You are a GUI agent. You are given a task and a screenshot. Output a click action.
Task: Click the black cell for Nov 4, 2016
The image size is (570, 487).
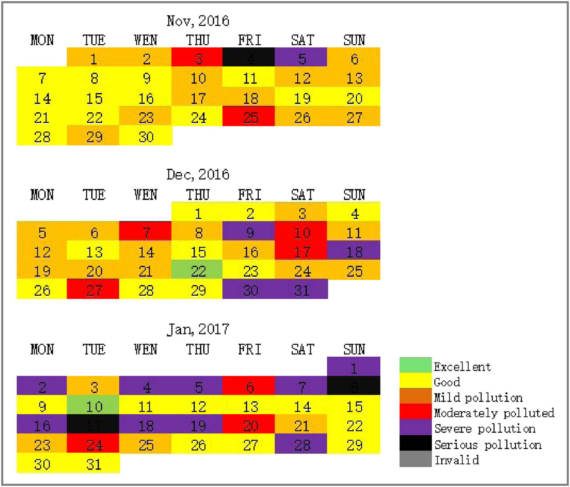(x=249, y=57)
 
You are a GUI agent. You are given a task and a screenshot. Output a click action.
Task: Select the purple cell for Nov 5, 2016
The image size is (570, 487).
(x=301, y=57)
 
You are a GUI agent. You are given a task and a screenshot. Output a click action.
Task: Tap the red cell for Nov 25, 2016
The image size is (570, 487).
(x=249, y=117)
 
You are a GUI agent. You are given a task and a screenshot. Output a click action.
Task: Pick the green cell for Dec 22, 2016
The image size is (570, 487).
(x=197, y=270)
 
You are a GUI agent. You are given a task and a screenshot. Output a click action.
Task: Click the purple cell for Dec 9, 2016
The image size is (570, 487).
(x=249, y=232)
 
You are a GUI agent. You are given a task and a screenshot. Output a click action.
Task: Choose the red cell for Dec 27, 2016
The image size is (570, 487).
(x=93, y=290)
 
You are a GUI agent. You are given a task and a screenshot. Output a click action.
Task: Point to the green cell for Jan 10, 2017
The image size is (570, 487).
(x=93, y=405)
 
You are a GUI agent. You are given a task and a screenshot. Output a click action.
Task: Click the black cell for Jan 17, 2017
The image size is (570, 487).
(x=93, y=425)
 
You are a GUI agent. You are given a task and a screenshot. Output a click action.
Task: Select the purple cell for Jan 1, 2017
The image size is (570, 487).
(x=353, y=367)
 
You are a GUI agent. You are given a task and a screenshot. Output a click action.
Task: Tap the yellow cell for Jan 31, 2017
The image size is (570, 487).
(x=93, y=463)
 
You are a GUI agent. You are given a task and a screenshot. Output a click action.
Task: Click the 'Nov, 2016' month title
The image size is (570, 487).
(x=198, y=21)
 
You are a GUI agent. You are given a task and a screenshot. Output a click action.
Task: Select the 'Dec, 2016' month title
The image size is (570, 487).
(x=198, y=174)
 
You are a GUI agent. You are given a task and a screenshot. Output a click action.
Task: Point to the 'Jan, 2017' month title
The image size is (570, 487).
(x=198, y=329)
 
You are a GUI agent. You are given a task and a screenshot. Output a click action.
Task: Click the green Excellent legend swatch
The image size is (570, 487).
(x=415, y=365)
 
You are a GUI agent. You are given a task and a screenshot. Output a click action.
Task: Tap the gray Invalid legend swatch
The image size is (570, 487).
(x=415, y=459)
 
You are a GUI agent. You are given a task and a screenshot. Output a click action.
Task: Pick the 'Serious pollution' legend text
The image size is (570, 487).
(x=488, y=444)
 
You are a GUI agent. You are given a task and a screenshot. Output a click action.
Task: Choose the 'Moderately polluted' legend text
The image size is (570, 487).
(x=494, y=413)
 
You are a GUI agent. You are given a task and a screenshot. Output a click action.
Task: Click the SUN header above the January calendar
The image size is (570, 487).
(x=354, y=349)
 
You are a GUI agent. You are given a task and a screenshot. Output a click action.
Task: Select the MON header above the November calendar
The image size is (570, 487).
(x=42, y=40)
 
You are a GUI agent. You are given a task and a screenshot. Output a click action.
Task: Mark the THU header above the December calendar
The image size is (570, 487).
(x=197, y=194)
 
